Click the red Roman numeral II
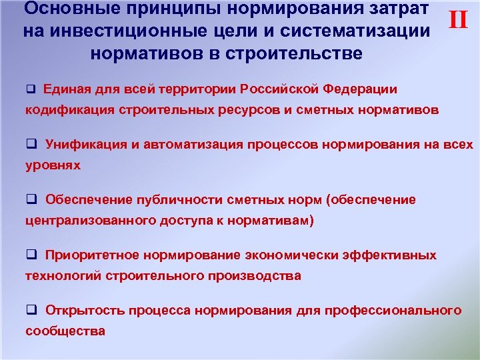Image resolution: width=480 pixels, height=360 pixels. (458, 20)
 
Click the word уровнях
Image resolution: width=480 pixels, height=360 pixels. (53, 165)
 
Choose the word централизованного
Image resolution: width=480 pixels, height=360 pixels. (94, 221)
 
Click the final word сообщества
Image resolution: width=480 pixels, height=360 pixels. (65, 331)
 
